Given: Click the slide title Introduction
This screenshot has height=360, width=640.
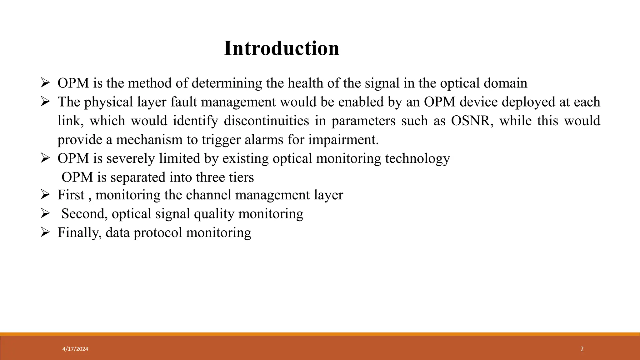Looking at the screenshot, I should pos(282,48).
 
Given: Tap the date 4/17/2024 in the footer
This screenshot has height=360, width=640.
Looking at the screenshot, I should pos(75,349).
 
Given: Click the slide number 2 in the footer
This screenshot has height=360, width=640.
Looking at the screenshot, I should pos(582,349).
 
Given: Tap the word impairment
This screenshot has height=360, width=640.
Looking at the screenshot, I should pos(343,140).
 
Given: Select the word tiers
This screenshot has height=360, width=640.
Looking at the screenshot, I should pos(241,177).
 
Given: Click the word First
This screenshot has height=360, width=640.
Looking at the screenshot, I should pos(71,195).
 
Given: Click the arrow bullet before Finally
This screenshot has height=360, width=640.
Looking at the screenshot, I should pos(45,232).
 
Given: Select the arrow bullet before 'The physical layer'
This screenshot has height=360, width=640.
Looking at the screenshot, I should pos(45,102).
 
